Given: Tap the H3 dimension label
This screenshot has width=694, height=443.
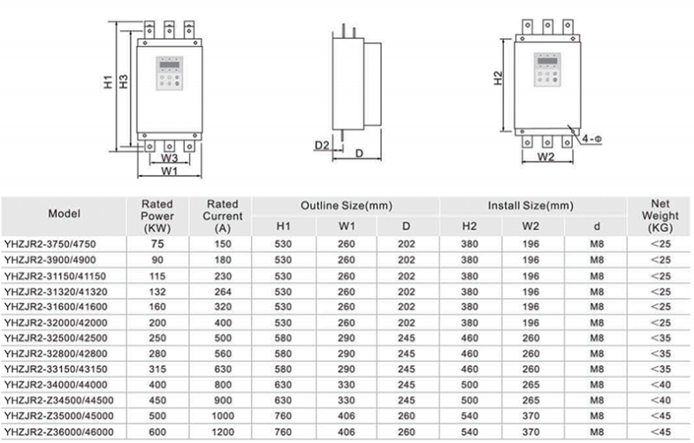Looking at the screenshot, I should pos(124,85).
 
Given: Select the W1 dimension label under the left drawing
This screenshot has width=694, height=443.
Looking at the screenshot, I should pos(170,170).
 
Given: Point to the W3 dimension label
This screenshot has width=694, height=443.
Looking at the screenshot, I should pos(170,157).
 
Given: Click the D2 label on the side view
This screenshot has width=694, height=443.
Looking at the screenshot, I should pos(323,144).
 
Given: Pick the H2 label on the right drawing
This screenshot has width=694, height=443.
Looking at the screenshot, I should pos(498,79).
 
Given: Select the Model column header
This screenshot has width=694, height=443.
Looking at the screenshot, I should pos(65,214).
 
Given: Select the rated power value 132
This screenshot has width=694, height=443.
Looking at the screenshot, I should pos(158,291).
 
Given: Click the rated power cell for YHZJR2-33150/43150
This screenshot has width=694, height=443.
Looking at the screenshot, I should pos(158,369).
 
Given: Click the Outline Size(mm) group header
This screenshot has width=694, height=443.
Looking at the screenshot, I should pos(346,205).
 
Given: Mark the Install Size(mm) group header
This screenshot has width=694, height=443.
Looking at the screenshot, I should pos(530,205).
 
